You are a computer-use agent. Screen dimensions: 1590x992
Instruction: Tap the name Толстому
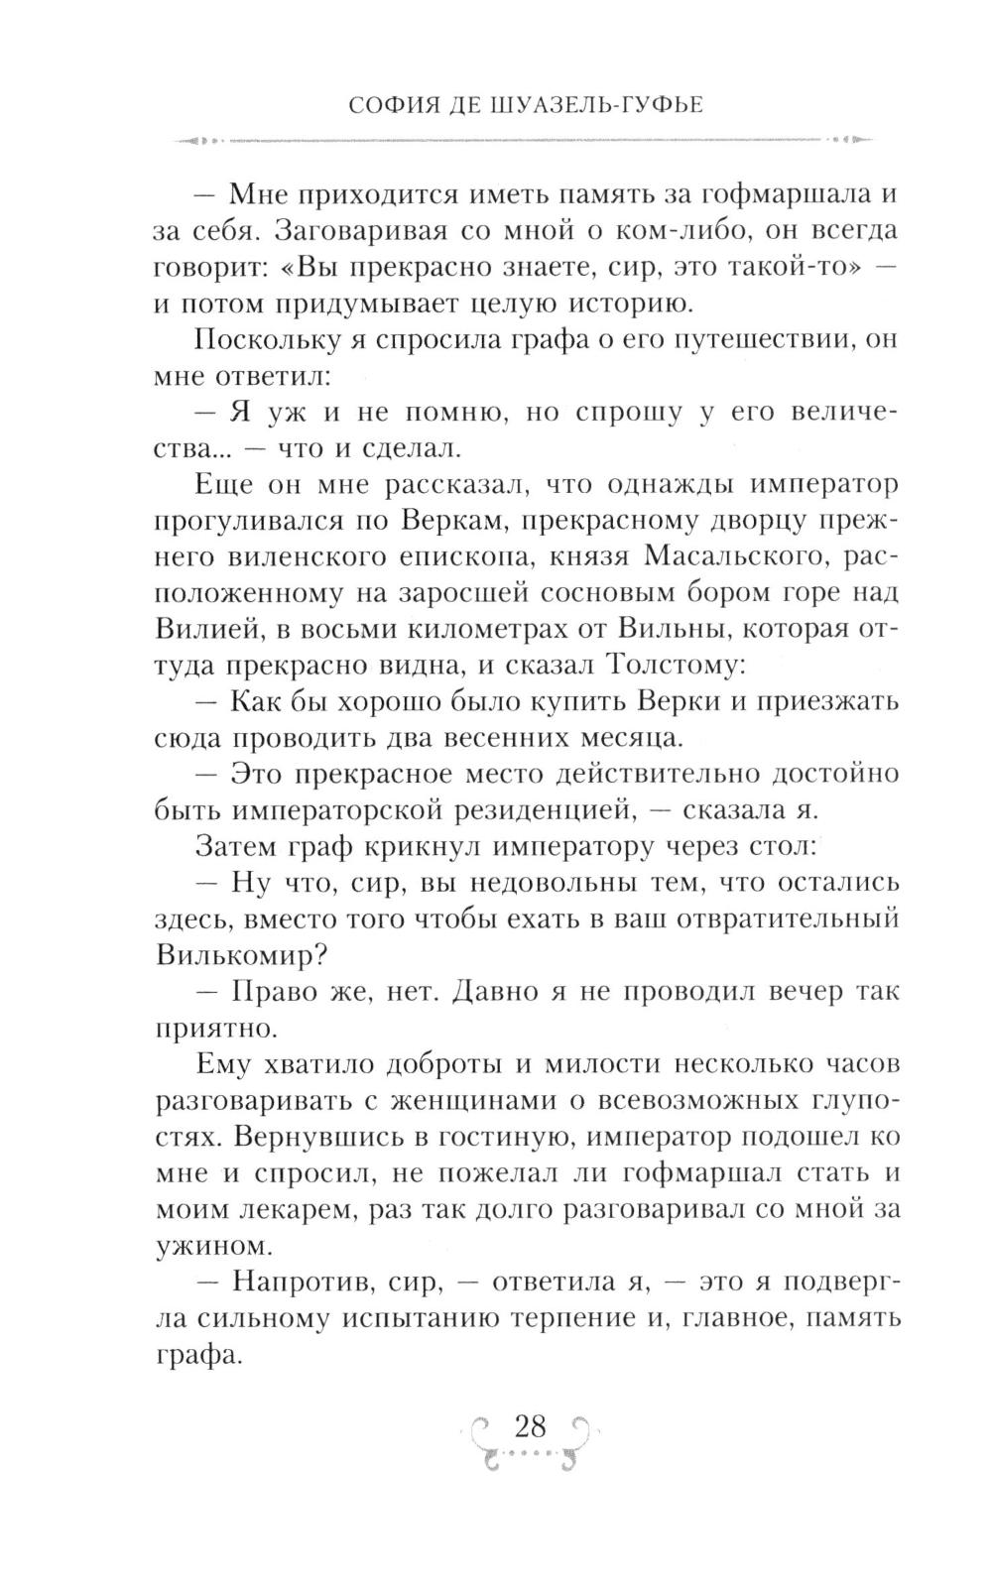coord(670,667)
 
